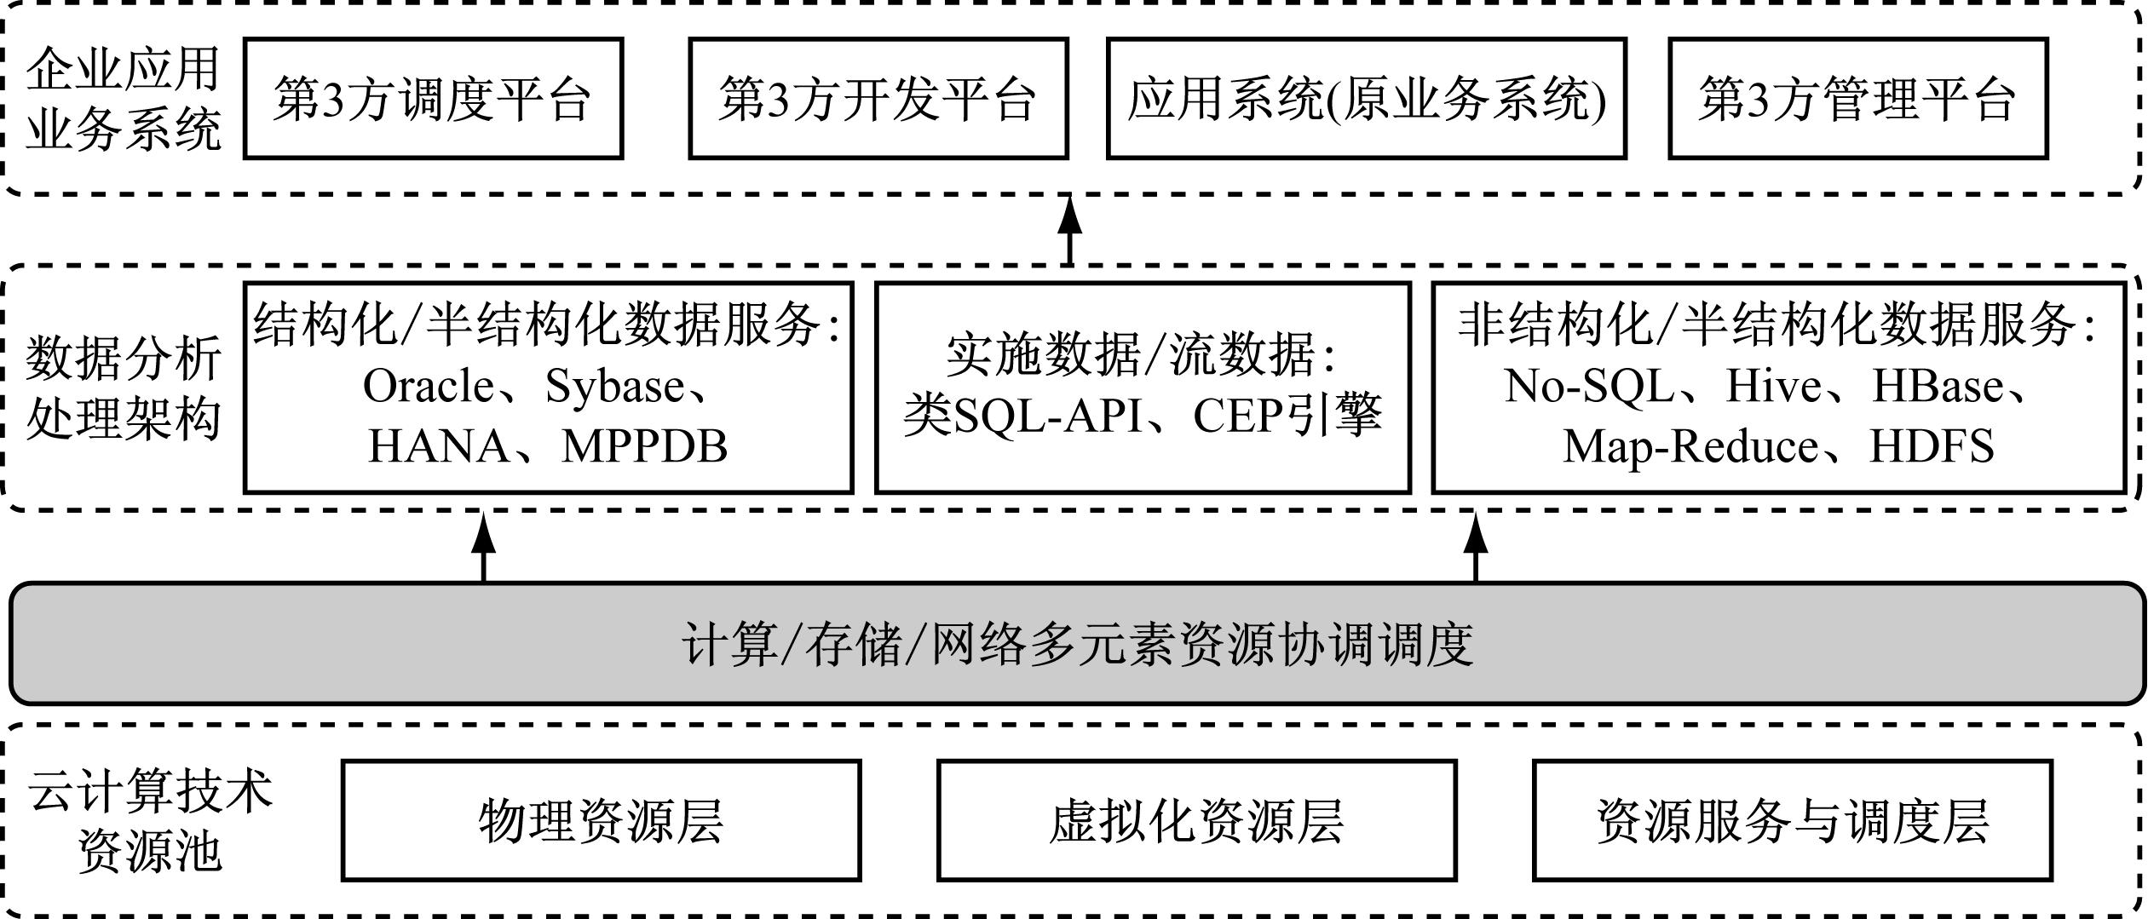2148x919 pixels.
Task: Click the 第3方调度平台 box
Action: coord(433,98)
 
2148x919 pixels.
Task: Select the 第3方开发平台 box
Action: coord(878,98)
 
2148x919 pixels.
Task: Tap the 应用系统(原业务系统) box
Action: coord(1366,98)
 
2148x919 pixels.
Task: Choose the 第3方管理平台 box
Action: coord(1857,98)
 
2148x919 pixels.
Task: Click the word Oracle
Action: coord(428,387)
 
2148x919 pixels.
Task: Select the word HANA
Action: coord(438,446)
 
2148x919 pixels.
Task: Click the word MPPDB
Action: coord(644,446)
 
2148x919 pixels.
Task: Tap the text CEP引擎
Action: coord(1287,415)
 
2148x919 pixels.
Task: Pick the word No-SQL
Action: coord(1589,386)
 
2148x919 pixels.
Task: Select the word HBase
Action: coord(1938,386)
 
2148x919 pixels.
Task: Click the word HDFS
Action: coord(1932,446)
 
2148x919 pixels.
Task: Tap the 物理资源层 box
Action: coord(601,820)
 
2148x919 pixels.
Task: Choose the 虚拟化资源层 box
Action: coord(1196,820)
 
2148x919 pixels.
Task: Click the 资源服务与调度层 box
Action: coord(1793,820)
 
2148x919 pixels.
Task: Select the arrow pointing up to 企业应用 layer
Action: coord(1069,229)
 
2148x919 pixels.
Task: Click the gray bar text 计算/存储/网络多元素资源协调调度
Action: coord(1078,644)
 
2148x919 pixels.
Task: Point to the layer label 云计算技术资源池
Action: coord(150,820)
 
